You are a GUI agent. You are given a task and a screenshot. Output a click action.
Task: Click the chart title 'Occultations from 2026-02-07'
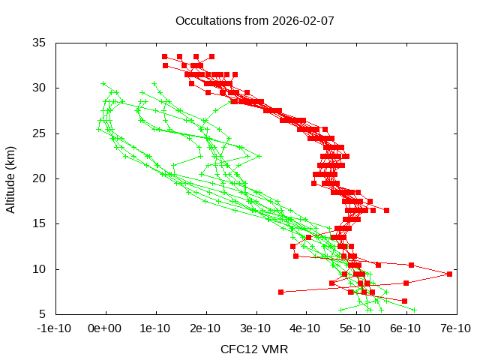tap(254, 20)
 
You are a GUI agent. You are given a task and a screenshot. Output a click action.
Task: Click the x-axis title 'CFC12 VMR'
tap(254, 349)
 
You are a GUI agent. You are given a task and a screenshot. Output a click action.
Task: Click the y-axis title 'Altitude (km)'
tap(10, 178)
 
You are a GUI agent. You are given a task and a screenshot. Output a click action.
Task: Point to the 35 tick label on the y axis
tap(40, 43)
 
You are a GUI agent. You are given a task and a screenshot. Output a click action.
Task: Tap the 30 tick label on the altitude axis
tap(40, 88)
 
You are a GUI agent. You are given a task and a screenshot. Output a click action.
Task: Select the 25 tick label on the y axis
tap(40, 133)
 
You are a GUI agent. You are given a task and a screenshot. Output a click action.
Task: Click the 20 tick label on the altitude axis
tap(40, 178)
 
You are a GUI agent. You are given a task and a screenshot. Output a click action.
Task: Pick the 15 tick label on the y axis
tap(40, 223)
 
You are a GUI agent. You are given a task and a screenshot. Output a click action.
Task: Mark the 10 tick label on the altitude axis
tap(40, 268)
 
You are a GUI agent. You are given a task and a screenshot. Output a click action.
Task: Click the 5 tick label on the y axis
tap(43, 313)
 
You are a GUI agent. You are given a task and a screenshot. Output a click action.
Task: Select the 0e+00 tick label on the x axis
tap(105, 328)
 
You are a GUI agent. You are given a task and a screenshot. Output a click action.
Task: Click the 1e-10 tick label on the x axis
tap(155, 328)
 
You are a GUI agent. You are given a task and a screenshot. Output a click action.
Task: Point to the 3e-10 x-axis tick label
tap(256, 328)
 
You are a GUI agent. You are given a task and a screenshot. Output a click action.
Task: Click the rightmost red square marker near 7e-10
tap(449, 274)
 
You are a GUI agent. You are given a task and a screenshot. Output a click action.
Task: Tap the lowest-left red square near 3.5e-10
tap(280, 292)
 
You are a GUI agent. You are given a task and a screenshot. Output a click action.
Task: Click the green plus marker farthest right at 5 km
tap(414, 309)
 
